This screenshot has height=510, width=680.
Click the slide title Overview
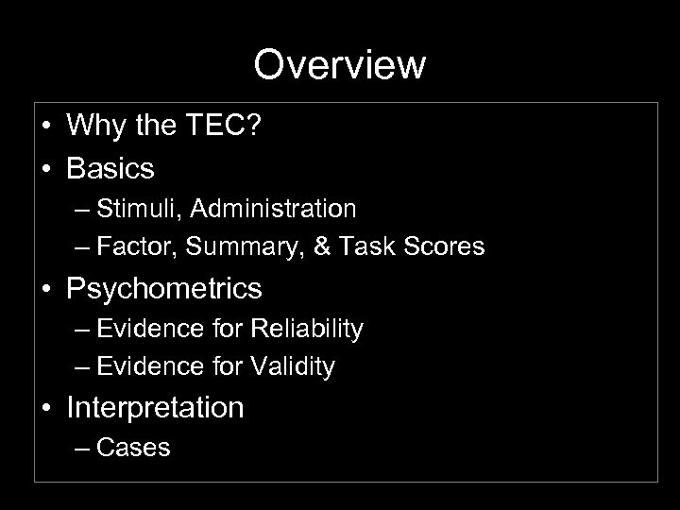(x=340, y=65)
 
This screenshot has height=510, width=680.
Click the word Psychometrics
(x=164, y=287)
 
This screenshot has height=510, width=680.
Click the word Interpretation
(x=155, y=407)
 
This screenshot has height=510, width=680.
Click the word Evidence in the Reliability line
(x=146, y=328)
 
